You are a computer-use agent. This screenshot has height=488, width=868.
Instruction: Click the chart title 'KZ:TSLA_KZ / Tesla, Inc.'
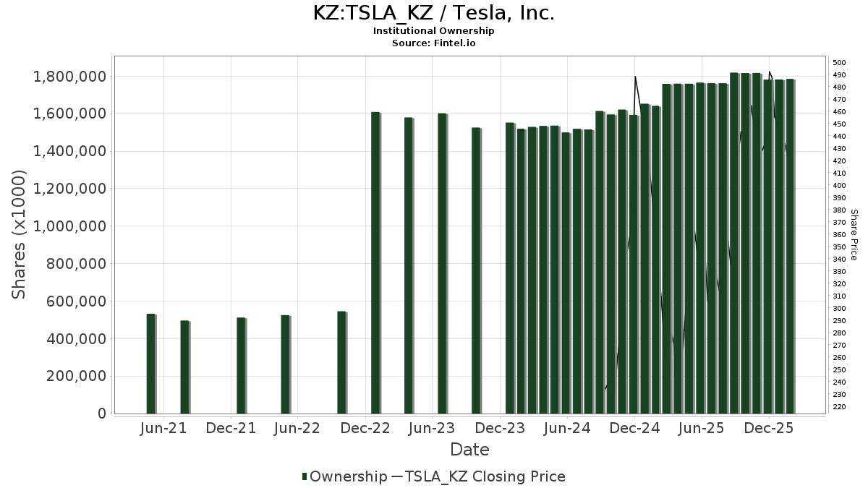point(433,13)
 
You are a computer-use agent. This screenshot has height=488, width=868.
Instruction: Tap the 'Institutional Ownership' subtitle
point(433,31)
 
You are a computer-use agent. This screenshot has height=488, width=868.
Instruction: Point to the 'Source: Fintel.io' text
point(433,43)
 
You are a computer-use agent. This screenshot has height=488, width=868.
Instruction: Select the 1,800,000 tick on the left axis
point(70,77)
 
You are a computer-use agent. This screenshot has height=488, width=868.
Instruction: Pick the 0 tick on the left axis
point(101,414)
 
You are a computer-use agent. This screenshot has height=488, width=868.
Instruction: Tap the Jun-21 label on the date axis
point(163,428)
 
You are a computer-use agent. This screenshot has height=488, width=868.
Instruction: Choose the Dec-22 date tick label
point(365,428)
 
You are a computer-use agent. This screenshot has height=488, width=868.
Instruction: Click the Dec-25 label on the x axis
point(769,428)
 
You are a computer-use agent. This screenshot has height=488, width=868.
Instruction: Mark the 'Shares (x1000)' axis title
point(19,234)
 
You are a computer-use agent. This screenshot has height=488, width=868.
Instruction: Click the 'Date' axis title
point(469,450)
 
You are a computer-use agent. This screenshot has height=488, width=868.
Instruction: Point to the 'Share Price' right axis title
point(854,234)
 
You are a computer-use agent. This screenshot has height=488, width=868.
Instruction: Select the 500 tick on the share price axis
point(840,62)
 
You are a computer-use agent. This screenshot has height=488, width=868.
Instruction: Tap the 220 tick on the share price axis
point(840,407)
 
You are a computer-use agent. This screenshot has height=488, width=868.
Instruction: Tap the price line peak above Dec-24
point(635,77)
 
